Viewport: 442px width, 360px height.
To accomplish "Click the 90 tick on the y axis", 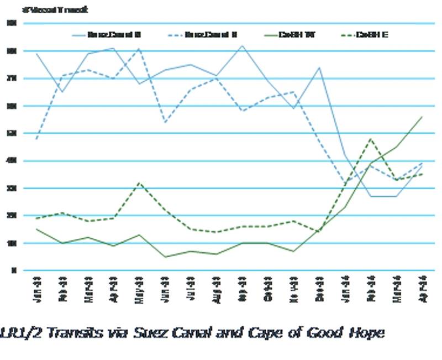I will point(12,23).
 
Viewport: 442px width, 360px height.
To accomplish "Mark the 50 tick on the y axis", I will point(12,133).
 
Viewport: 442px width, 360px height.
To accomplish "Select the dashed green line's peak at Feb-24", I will point(371,139).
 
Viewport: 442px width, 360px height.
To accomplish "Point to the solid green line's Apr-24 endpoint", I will point(422,117).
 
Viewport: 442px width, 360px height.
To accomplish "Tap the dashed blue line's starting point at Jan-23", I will point(37,139).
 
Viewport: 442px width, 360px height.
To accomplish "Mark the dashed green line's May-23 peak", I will point(140,182).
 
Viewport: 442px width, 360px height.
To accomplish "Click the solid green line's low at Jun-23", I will point(166,257).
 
